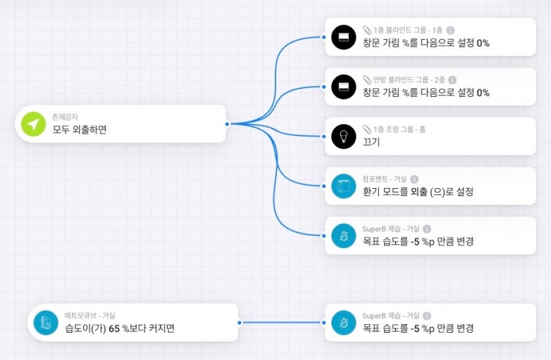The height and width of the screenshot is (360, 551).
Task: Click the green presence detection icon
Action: [33, 123]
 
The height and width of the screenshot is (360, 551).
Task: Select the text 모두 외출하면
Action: [80, 130]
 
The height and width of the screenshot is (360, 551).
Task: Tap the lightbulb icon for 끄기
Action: [343, 136]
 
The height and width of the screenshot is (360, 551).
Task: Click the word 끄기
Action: [371, 142]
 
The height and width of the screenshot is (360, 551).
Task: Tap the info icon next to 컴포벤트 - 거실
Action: [414, 179]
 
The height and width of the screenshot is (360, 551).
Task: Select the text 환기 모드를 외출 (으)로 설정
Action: [417, 192]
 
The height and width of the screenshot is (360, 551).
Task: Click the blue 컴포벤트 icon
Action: [343, 186]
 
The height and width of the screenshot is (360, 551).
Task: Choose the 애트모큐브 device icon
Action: [46, 322]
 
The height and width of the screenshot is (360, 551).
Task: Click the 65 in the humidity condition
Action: [114, 328]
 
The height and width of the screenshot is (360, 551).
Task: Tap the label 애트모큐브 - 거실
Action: [90, 315]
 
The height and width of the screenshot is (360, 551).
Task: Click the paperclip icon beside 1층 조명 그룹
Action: [367, 129]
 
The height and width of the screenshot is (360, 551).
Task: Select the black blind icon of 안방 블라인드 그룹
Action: [343, 87]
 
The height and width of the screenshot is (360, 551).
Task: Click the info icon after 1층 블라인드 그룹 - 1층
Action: [450, 30]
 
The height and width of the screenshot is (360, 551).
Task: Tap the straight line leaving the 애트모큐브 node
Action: [283, 323]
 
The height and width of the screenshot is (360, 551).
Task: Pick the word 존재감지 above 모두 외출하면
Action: [65, 117]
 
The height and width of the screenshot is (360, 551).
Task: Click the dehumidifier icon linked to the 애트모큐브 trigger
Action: [343, 322]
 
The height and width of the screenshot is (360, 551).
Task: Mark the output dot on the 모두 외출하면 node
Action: [228, 123]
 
